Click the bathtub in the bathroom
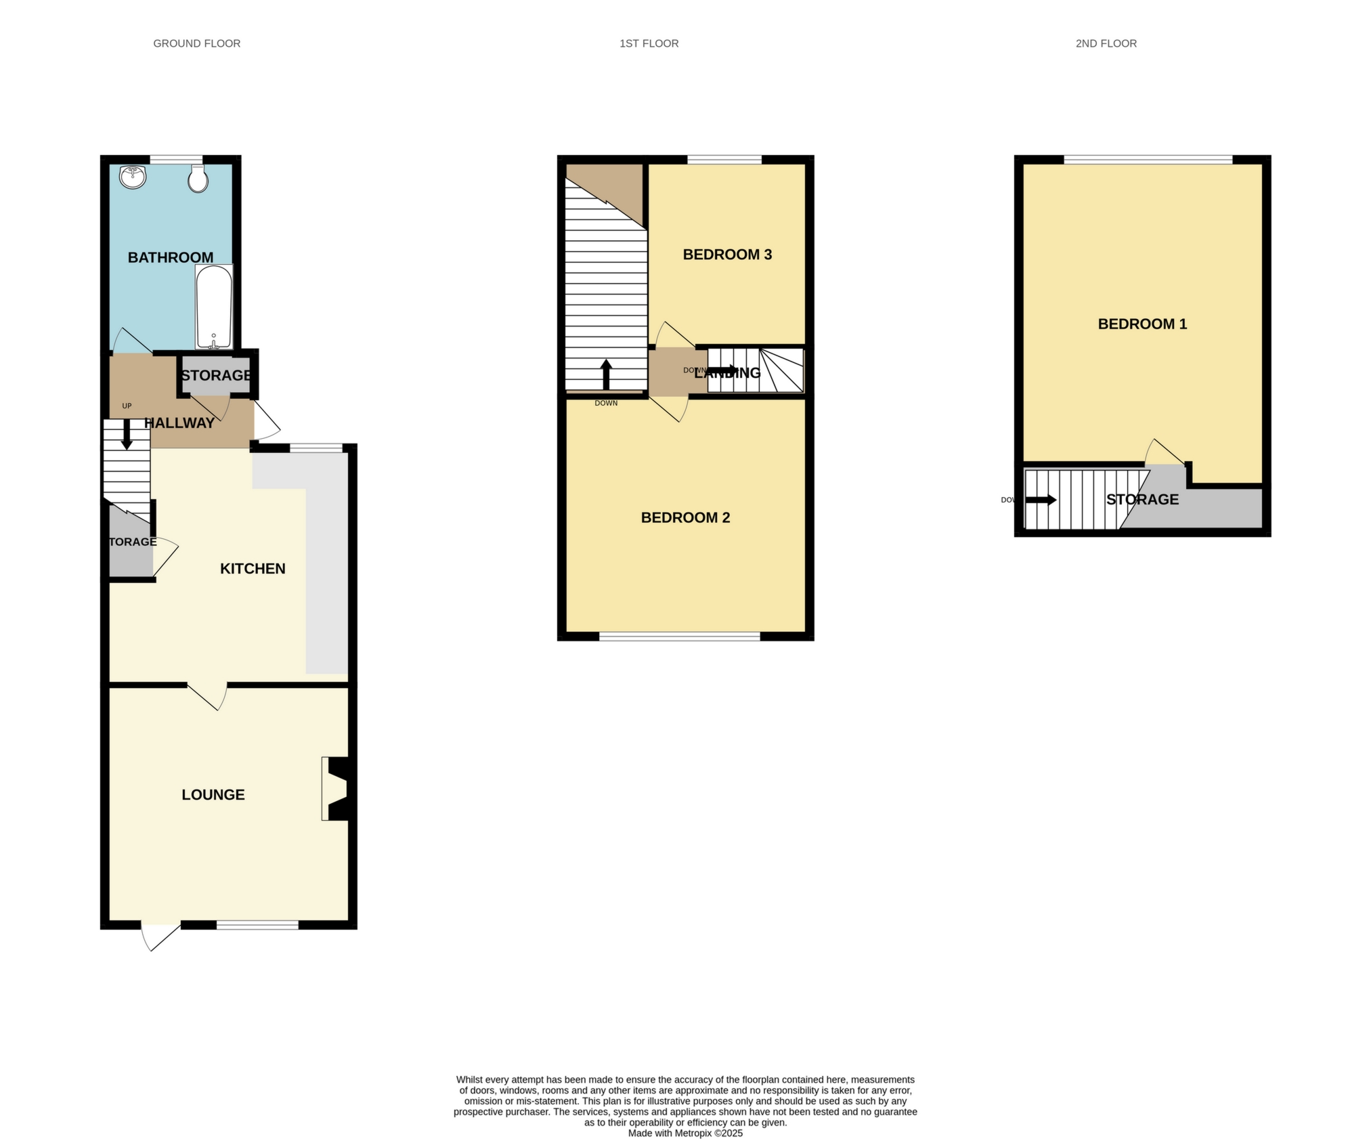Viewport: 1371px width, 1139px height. point(214,306)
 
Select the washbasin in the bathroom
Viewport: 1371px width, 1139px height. point(133,177)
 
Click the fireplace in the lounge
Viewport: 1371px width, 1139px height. point(336,789)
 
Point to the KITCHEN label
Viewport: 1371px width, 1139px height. point(253,569)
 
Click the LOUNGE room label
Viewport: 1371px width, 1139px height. point(213,795)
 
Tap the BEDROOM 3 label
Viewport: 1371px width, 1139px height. point(727,255)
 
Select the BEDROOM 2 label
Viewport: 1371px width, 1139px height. point(685,518)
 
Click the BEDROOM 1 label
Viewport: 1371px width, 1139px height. point(1142,324)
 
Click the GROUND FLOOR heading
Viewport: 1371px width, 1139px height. point(196,43)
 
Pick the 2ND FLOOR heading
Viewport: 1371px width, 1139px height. point(1106,43)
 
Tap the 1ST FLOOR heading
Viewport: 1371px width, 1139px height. point(649,43)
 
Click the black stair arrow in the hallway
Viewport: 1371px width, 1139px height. point(127,434)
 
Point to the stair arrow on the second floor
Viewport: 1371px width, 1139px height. point(1041,500)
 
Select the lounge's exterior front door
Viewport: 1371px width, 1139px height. point(160,935)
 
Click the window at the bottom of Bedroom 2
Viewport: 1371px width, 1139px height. point(679,637)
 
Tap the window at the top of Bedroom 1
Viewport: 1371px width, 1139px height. point(1148,160)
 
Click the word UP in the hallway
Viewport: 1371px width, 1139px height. point(127,406)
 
